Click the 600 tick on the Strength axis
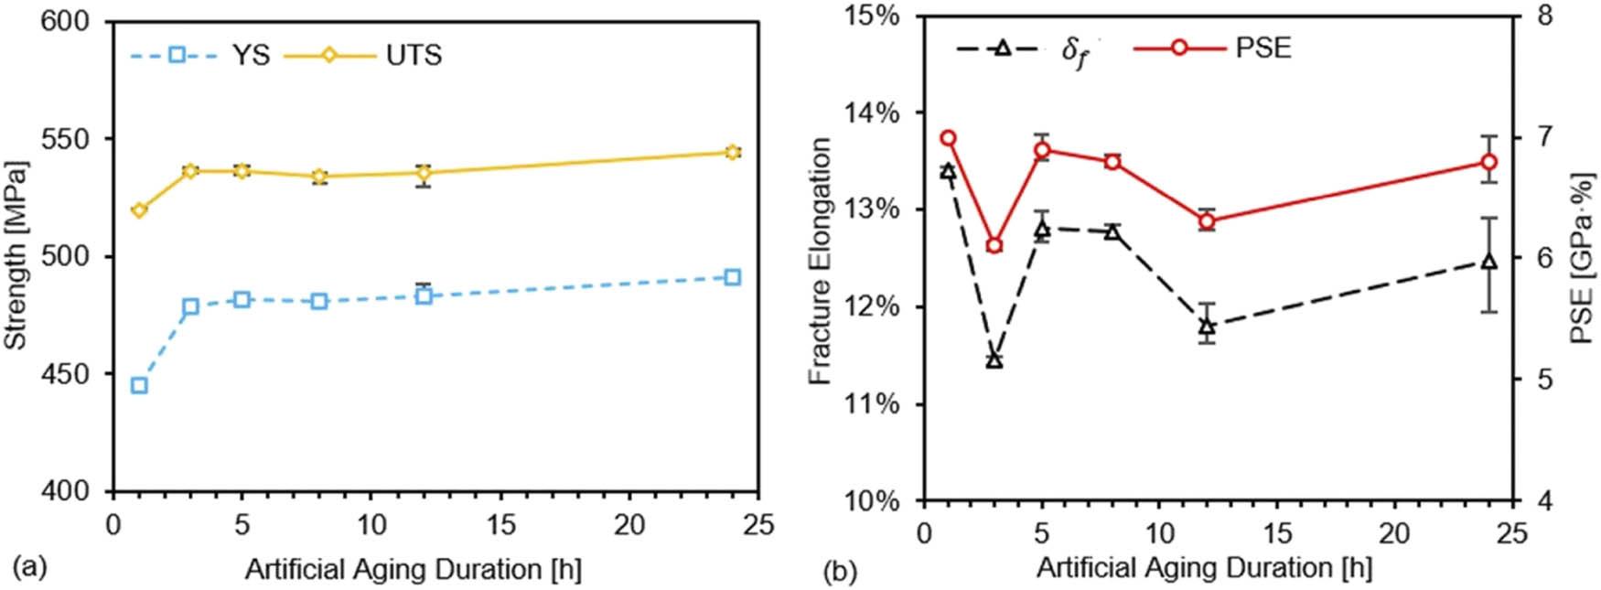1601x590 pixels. pyautogui.click(x=70, y=21)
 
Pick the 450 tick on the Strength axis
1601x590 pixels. pyautogui.click(x=70, y=374)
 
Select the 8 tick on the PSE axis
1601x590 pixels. pyautogui.click(x=1545, y=16)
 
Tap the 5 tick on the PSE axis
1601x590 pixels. pyautogui.click(x=1545, y=379)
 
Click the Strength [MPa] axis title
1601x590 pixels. pyautogui.click(x=16, y=256)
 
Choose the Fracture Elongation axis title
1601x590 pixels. pyautogui.click(x=821, y=261)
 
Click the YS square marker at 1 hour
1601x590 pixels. pyautogui.click(x=139, y=385)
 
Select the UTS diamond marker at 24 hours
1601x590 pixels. pyautogui.click(x=732, y=152)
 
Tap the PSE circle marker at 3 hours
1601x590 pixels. pyautogui.click(x=994, y=245)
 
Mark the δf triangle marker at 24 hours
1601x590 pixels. pyautogui.click(x=1489, y=262)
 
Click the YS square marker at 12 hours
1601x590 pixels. pyautogui.click(x=423, y=295)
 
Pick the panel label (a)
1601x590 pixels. pyautogui.click(x=27, y=569)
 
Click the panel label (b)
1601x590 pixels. pyautogui.click(x=839, y=573)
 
